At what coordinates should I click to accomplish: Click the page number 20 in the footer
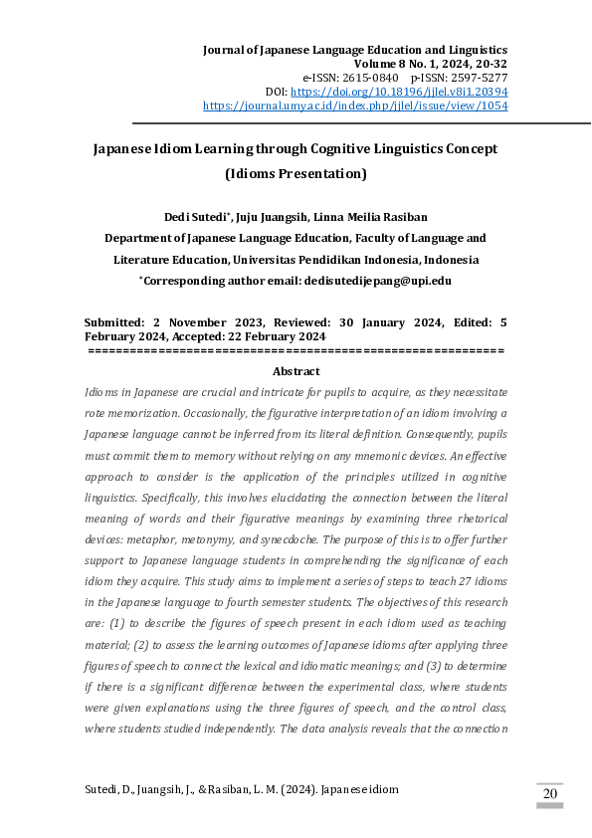549,793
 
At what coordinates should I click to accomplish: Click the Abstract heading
296,371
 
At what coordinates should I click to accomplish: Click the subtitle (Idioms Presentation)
296,174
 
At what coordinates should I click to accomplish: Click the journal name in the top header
355,49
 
